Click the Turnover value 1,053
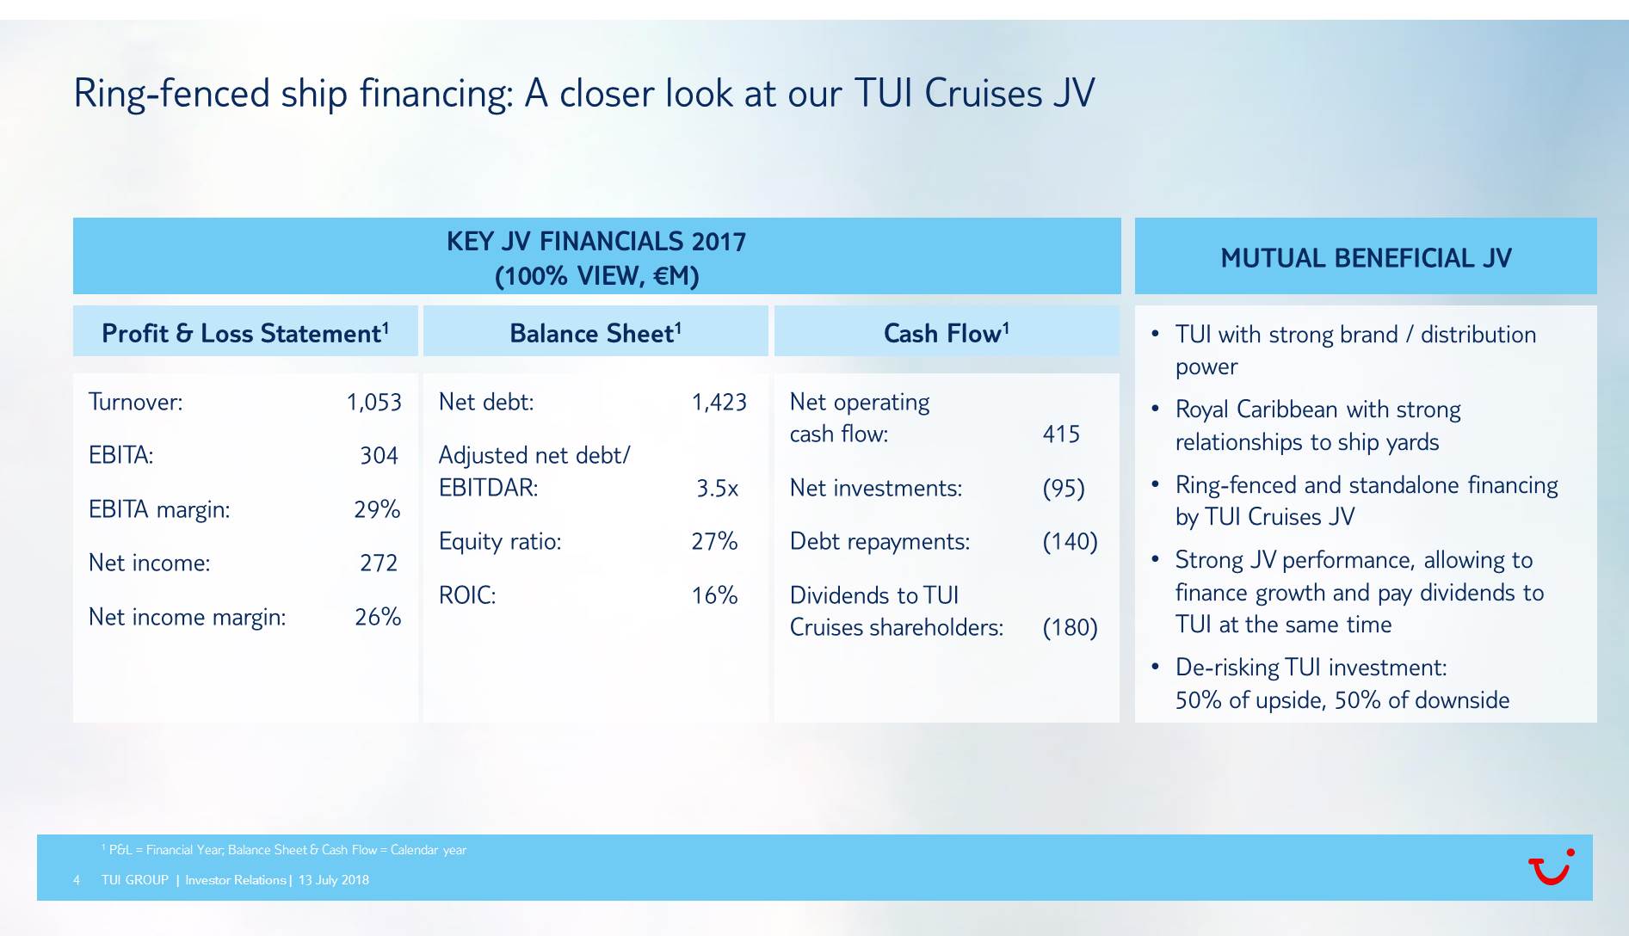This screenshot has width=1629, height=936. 373,403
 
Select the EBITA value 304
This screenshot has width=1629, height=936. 379,456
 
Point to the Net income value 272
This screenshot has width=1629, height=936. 379,563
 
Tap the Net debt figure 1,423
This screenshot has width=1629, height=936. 719,403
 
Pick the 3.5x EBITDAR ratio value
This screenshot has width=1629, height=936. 718,489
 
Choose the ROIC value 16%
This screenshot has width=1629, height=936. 714,595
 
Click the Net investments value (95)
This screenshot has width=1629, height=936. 1064,489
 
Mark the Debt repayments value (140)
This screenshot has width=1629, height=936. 1070,542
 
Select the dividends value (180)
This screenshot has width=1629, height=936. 1070,628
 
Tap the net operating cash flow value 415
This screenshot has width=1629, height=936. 1061,434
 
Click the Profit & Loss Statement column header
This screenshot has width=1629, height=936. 245,333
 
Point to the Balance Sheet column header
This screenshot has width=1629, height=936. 595,333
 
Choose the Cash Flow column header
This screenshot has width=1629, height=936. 947,333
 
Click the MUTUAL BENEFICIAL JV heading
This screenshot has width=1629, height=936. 1366,258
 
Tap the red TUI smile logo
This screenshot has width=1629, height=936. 1552,866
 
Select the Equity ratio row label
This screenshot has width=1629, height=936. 500,542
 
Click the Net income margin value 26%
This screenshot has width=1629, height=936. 378,617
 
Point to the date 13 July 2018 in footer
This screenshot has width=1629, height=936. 334,880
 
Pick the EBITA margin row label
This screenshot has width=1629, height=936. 159,510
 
